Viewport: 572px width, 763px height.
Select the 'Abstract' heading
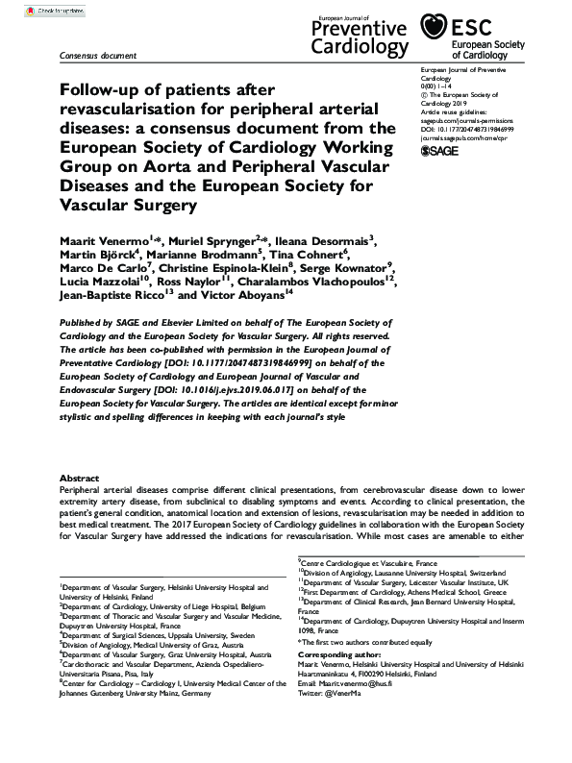click(x=78, y=478)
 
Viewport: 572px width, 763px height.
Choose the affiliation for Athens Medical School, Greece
click(x=397, y=593)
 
